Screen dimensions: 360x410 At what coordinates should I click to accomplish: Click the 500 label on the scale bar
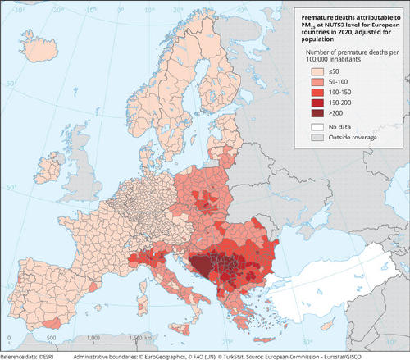[50, 337]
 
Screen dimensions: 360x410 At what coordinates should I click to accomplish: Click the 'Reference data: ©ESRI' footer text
[25, 356]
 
